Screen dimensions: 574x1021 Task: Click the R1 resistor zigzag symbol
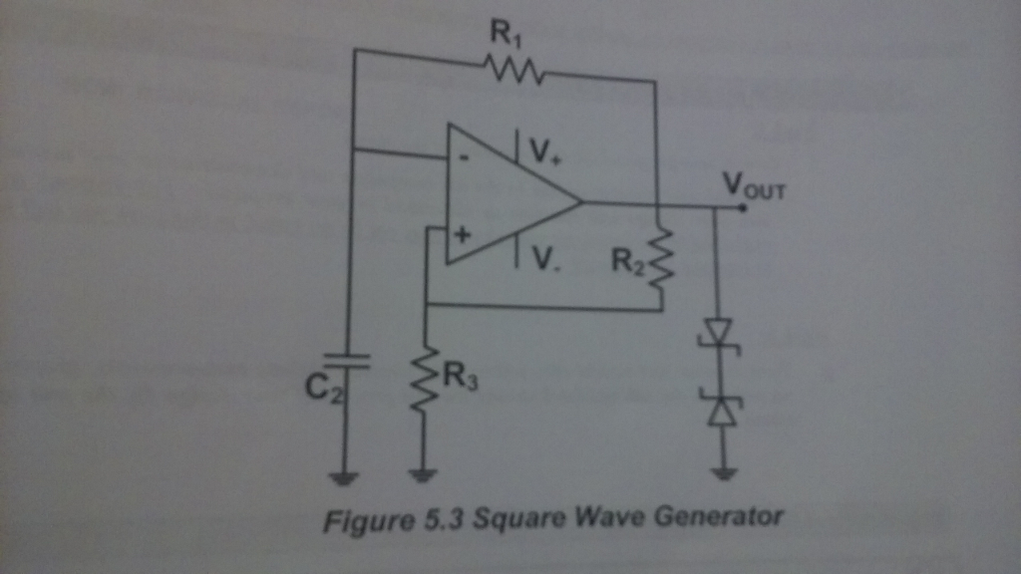(x=512, y=70)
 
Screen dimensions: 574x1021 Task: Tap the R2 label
(x=628, y=261)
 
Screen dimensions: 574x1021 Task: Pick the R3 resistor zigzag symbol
(x=425, y=379)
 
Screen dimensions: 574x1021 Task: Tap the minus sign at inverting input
(x=464, y=157)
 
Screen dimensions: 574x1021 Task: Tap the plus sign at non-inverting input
(x=463, y=237)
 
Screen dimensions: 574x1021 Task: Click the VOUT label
(x=754, y=185)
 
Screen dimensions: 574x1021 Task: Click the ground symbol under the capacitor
(x=345, y=477)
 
